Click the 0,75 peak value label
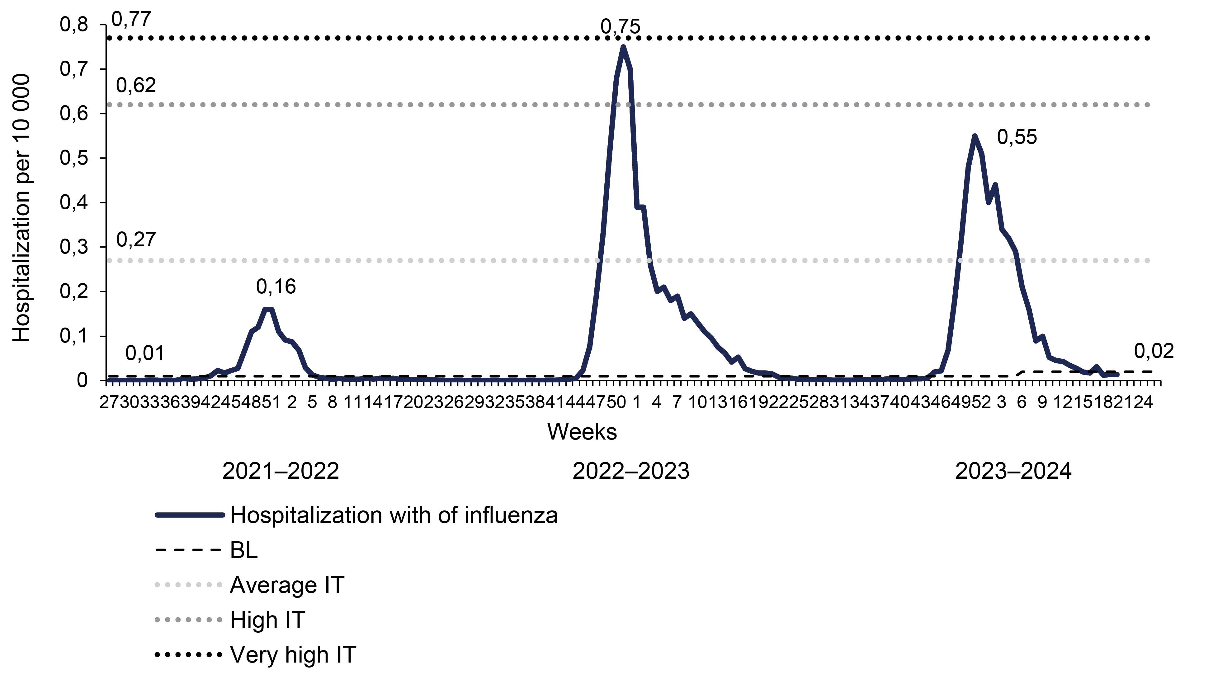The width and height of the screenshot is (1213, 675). coord(620,27)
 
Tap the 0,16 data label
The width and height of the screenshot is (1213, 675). coord(276,286)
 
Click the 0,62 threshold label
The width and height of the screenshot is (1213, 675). coord(136,85)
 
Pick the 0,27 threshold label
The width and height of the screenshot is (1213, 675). coord(136,240)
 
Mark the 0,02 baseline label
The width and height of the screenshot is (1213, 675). coord(1154,351)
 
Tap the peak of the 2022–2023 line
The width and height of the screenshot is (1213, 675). coord(623,47)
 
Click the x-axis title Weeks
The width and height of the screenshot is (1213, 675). coord(582,432)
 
